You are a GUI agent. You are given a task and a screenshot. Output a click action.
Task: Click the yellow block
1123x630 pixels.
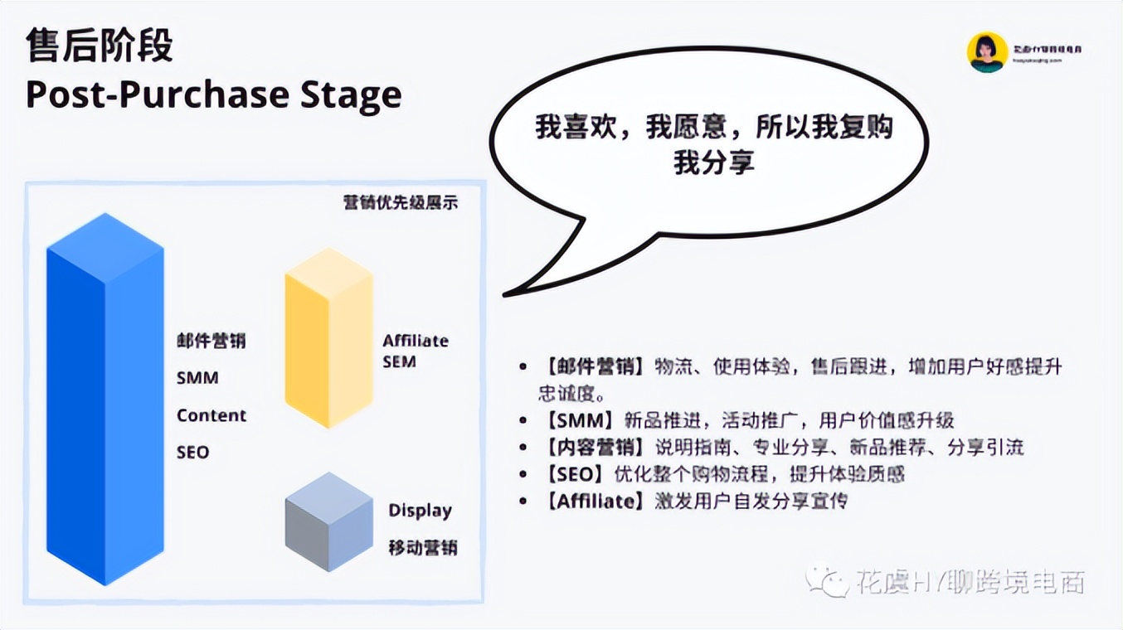328,340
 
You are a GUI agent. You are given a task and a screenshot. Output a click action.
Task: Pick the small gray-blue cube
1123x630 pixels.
328,522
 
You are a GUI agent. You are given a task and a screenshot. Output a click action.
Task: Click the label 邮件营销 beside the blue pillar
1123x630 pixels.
211,341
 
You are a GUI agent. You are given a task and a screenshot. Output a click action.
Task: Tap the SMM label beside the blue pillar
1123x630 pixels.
197,378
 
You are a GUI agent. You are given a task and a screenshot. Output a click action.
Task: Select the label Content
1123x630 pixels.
211,415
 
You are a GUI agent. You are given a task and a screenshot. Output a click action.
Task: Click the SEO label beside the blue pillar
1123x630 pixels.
192,453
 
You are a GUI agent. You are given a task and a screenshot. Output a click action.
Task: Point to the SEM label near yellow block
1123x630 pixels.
399,362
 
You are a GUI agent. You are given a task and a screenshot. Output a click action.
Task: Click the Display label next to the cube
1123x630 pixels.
420,511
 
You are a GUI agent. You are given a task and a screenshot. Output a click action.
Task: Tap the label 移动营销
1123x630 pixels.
423,548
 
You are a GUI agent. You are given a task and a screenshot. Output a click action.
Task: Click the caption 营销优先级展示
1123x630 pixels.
400,202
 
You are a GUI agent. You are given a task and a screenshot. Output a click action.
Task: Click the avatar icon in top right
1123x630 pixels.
987,51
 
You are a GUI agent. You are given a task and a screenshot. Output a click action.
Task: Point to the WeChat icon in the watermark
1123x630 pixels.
824,581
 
